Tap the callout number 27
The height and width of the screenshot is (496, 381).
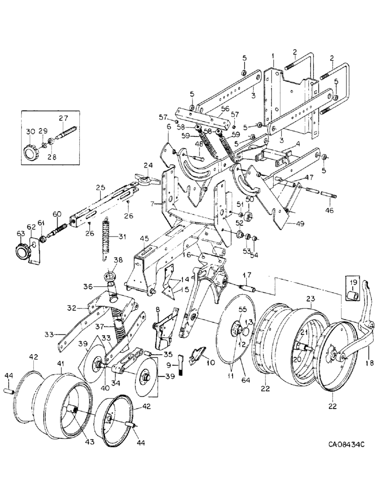tap(63, 118)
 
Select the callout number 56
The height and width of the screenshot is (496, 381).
tap(225, 108)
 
